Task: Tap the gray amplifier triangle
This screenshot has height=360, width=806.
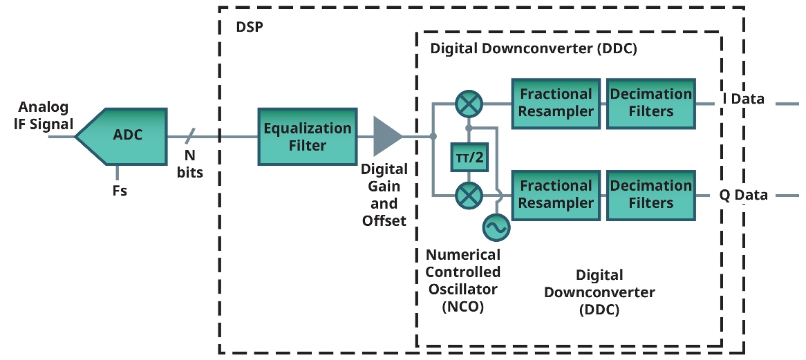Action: (x=386, y=136)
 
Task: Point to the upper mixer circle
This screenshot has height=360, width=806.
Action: (x=469, y=104)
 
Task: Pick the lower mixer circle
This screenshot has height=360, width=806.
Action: (x=469, y=196)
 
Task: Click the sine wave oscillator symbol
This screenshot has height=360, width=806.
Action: (x=495, y=227)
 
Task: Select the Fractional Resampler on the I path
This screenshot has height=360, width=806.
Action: (x=556, y=103)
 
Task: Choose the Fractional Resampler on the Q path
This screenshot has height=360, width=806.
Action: (x=556, y=194)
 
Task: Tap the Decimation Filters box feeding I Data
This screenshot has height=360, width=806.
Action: (x=650, y=103)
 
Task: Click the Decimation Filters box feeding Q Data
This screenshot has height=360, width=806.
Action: (x=650, y=194)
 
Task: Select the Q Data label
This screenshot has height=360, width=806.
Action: (x=743, y=195)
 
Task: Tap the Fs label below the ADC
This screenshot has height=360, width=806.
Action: (x=120, y=191)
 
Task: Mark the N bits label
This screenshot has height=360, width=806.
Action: (x=189, y=164)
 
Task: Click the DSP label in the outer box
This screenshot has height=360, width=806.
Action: (x=249, y=28)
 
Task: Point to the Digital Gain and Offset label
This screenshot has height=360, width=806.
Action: (x=384, y=195)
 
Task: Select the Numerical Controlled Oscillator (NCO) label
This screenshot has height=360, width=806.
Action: (x=462, y=281)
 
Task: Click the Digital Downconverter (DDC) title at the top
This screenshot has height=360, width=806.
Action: (x=533, y=49)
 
